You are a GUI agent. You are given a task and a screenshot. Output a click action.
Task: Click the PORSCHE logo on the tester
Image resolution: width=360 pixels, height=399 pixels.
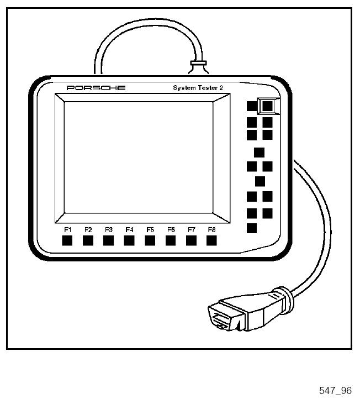pyautogui.click(x=96, y=88)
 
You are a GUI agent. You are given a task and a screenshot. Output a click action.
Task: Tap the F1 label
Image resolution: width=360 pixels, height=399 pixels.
pyautogui.click(x=67, y=229)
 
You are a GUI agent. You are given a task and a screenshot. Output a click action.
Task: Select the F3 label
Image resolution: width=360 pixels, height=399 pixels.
pyautogui.click(x=109, y=229)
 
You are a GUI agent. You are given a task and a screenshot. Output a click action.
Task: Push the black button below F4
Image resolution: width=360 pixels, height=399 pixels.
pyautogui.click(x=129, y=240)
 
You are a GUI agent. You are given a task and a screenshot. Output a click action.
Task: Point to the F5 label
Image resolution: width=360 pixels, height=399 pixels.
pyautogui.click(x=150, y=229)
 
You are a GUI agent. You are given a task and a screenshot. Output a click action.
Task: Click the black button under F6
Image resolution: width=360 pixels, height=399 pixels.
pyautogui.click(x=171, y=240)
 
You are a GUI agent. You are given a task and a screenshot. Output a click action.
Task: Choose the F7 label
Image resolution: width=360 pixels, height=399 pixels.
pyautogui.click(x=192, y=229)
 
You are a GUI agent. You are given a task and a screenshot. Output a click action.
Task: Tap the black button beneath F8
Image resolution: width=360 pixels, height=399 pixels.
pyautogui.click(x=211, y=240)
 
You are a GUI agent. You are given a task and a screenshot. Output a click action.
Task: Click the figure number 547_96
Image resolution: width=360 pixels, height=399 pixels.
pyautogui.click(x=335, y=391)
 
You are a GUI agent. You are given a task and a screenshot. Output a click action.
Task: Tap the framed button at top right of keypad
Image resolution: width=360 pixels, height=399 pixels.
pyautogui.click(x=268, y=105)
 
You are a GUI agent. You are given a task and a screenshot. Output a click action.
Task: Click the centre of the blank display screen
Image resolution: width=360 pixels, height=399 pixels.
pyautogui.click(x=139, y=158)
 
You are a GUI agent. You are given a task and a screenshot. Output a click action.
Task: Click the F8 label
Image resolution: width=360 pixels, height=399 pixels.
pyautogui.click(x=211, y=229)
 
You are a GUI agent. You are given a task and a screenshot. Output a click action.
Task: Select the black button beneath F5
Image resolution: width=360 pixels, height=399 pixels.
pyautogui.click(x=150, y=240)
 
